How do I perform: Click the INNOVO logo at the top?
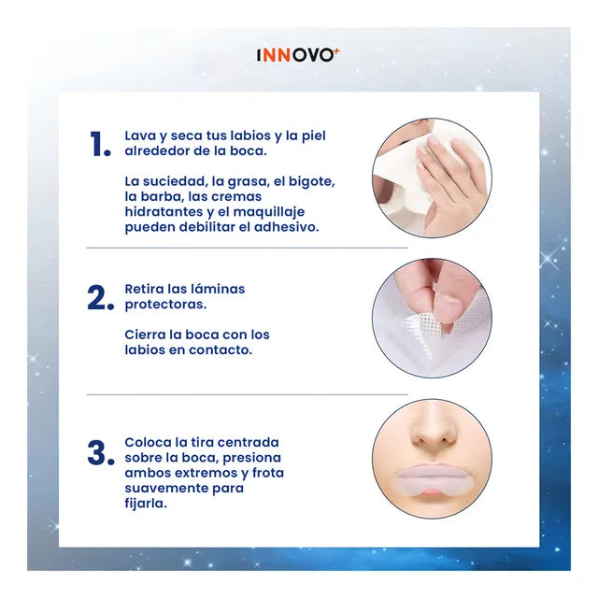[x=298, y=55]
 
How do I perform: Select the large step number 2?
[x=100, y=298]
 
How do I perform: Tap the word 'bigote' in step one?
[x=311, y=181]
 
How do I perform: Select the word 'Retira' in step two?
[x=146, y=289]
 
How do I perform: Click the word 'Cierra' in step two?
[x=146, y=335]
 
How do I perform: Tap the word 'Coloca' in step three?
[x=149, y=442]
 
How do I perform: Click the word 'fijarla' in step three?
[x=148, y=503]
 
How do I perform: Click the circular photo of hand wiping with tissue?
[x=431, y=178]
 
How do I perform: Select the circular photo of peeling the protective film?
[x=431, y=318]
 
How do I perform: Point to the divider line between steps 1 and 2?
[x=247, y=248]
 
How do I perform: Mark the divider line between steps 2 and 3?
[x=247, y=394]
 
